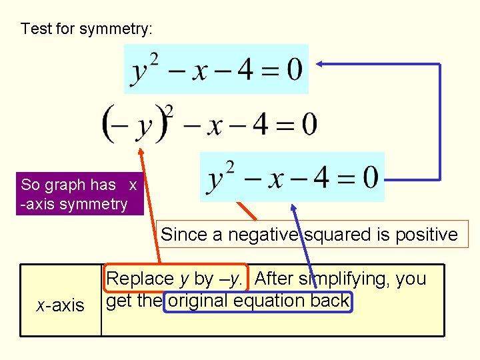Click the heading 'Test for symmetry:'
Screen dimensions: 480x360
pos(87,29)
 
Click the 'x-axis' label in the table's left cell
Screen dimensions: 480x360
pos(61,305)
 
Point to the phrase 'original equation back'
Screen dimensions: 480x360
pos(258,301)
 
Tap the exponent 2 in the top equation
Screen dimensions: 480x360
pos(154,59)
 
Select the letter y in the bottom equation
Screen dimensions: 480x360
pos(215,179)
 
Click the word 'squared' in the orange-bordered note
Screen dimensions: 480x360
pos(336,235)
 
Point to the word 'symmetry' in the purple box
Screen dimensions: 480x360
pos(93,203)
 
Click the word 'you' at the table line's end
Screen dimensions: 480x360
pos(412,278)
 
